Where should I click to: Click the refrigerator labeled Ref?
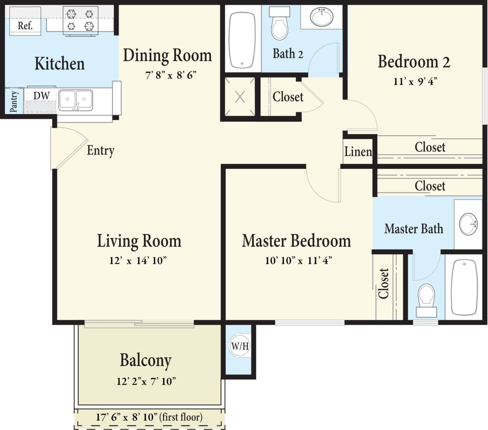click(x=25, y=26)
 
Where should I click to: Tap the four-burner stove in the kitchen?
click(x=80, y=21)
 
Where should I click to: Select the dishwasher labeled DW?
click(x=41, y=96)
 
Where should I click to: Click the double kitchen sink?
click(x=75, y=100)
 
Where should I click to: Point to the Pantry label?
click(x=13, y=101)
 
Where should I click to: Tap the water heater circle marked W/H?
click(x=240, y=346)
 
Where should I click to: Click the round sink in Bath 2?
click(x=322, y=17)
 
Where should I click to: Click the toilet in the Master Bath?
click(x=426, y=300)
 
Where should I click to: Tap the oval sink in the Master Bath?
click(x=468, y=224)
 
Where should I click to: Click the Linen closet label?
click(x=358, y=152)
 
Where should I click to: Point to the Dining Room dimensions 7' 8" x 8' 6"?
click(x=171, y=75)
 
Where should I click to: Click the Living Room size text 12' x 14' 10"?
click(x=138, y=260)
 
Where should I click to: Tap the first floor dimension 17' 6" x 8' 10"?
click(x=149, y=417)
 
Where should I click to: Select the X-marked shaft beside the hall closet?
click(x=240, y=97)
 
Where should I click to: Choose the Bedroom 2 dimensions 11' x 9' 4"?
click(x=415, y=81)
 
